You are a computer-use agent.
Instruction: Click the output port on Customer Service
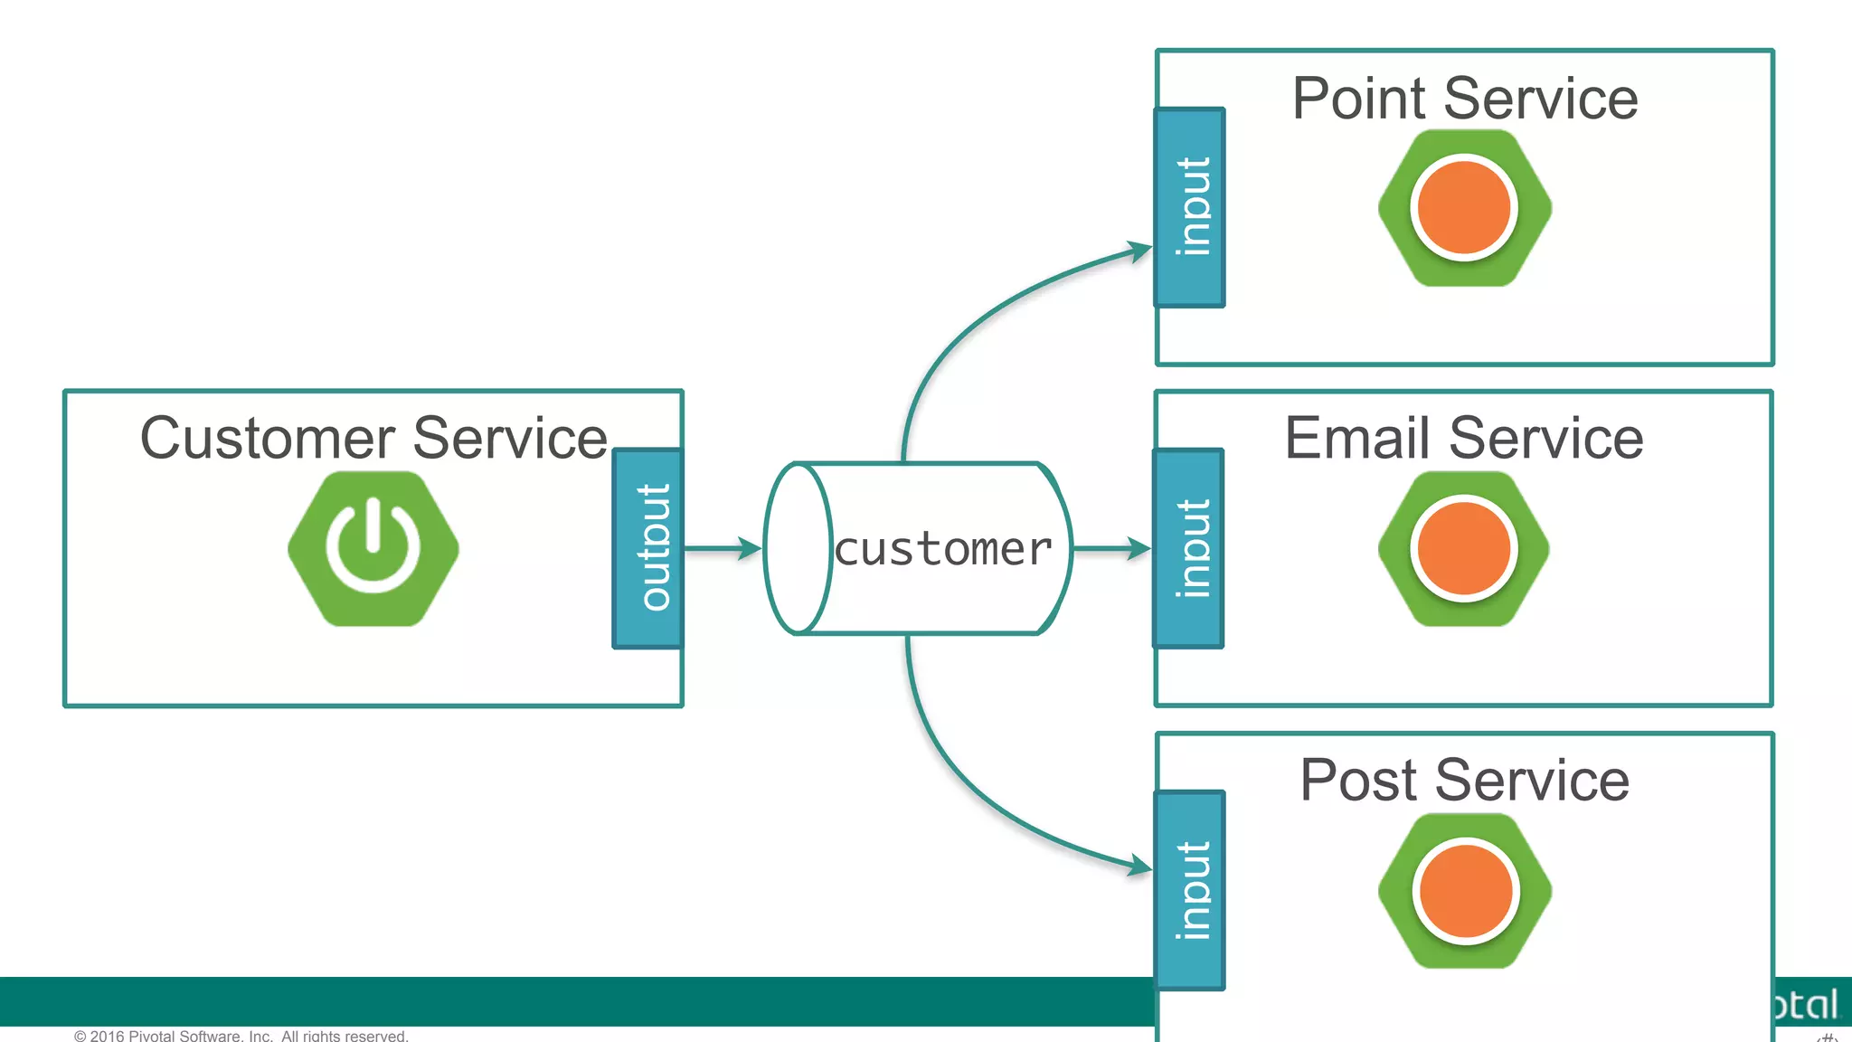pos(647,548)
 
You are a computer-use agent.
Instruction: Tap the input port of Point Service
pos(1190,208)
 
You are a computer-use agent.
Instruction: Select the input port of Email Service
pos(1189,548)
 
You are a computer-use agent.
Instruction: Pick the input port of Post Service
pos(1191,890)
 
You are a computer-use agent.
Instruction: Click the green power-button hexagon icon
pos(373,548)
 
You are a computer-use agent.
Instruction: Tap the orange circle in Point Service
pos(1464,208)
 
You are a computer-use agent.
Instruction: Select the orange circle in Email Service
pos(1464,548)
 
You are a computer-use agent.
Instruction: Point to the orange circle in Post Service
pos(1466,891)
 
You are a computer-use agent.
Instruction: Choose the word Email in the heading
pos(1355,439)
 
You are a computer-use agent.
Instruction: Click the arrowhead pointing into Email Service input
pos(1139,548)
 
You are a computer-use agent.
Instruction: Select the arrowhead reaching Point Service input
pos(1139,251)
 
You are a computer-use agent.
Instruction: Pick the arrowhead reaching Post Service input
pos(1139,867)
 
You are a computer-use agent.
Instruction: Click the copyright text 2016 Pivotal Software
pos(241,1035)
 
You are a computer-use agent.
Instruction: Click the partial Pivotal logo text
pos(1805,1005)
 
